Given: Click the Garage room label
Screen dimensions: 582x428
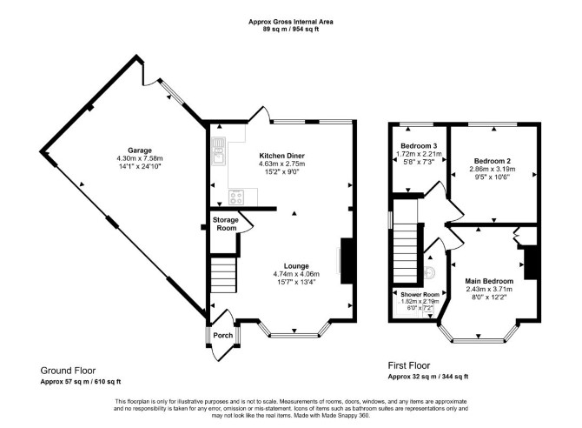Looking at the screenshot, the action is (140, 150).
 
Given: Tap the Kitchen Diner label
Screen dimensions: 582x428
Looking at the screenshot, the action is (281, 156).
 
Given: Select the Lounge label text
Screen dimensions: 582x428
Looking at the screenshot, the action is (296, 266).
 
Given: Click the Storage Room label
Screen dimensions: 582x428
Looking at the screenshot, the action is (226, 224).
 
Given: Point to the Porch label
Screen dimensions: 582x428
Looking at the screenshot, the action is (223, 335).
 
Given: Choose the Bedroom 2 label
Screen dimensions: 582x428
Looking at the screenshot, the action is (493, 161).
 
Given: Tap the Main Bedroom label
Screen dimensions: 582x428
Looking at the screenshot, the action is (489, 281).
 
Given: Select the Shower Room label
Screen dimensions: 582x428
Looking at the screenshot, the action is (420, 294).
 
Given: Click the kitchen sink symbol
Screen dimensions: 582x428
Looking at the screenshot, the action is (219, 150).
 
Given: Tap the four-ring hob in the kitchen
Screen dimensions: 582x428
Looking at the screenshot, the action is (236, 197).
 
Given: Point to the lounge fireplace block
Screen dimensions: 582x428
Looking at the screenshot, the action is (347, 261).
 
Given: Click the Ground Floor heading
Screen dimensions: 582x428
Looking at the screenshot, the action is (68, 371).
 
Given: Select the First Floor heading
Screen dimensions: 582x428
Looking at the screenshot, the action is (409, 365).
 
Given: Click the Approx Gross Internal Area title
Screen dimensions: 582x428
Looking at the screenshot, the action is (291, 22).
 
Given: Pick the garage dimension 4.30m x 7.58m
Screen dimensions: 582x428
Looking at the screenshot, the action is (140, 158).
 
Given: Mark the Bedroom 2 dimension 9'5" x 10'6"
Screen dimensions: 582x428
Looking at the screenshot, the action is (493, 177).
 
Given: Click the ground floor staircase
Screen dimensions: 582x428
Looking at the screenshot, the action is (223, 275).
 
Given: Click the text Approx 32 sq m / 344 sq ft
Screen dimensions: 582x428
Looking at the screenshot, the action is (428, 377).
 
